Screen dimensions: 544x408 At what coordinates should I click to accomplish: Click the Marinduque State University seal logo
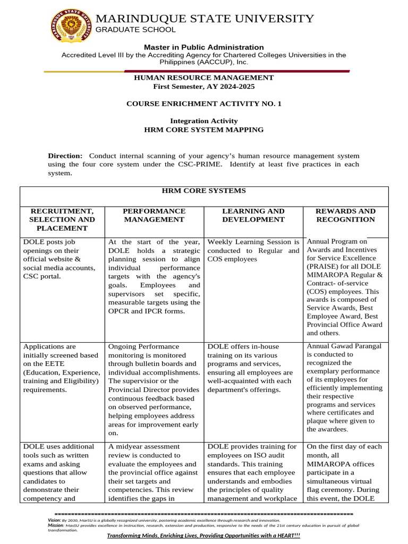click(71, 28)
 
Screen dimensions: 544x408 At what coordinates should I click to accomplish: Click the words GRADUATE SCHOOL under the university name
click(135, 30)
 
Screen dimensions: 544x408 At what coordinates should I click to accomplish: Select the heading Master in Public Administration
click(204, 47)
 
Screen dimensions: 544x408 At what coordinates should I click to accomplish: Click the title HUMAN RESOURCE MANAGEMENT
click(204, 78)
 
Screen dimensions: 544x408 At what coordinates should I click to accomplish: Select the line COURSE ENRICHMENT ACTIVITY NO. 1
click(204, 104)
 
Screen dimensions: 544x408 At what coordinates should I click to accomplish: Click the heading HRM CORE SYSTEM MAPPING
click(204, 130)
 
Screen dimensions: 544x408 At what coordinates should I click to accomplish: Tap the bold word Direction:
click(65, 156)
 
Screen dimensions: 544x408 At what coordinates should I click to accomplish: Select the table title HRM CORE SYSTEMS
click(204, 191)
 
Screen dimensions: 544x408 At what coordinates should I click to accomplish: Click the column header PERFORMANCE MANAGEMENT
click(154, 215)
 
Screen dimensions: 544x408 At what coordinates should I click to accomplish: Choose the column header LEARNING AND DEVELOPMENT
click(253, 215)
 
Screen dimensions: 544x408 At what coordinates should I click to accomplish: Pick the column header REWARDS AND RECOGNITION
click(345, 215)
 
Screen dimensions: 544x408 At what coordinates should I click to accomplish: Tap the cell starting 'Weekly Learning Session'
click(253, 250)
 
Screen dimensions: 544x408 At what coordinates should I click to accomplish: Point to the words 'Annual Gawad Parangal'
click(344, 346)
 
